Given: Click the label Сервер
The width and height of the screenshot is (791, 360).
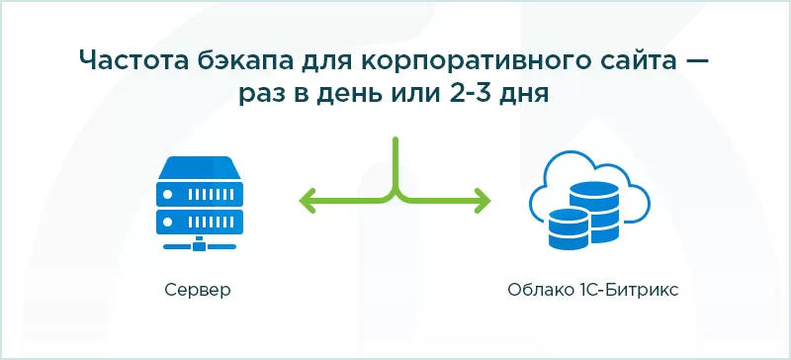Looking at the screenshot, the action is point(198,291).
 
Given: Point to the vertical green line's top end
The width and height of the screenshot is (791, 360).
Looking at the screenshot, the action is point(395,139).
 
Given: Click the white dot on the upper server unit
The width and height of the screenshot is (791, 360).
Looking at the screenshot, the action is point(169,195).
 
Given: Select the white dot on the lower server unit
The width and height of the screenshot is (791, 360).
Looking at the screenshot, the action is point(169,223).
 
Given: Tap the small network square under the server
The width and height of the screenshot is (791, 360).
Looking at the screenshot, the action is point(201,246).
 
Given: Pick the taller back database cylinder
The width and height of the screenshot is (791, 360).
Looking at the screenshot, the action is point(594,212).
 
